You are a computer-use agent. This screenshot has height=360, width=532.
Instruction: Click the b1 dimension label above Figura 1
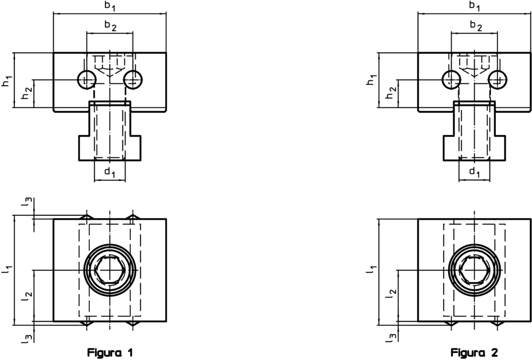[110, 6]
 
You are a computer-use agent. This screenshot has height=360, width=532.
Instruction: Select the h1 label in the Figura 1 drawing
[6, 81]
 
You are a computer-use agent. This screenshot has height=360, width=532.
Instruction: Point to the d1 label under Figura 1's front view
[109, 172]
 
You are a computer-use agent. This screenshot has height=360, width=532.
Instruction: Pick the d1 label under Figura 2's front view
[473, 172]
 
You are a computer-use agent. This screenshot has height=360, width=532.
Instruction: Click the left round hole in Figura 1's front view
[86, 80]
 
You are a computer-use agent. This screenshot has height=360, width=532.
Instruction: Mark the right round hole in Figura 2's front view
[497, 80]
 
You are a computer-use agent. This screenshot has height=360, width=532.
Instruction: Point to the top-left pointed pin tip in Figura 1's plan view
[87, 217]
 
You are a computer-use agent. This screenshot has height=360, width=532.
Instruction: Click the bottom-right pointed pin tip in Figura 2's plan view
[497, 323]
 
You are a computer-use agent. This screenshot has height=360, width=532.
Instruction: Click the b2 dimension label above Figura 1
[110, 26]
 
